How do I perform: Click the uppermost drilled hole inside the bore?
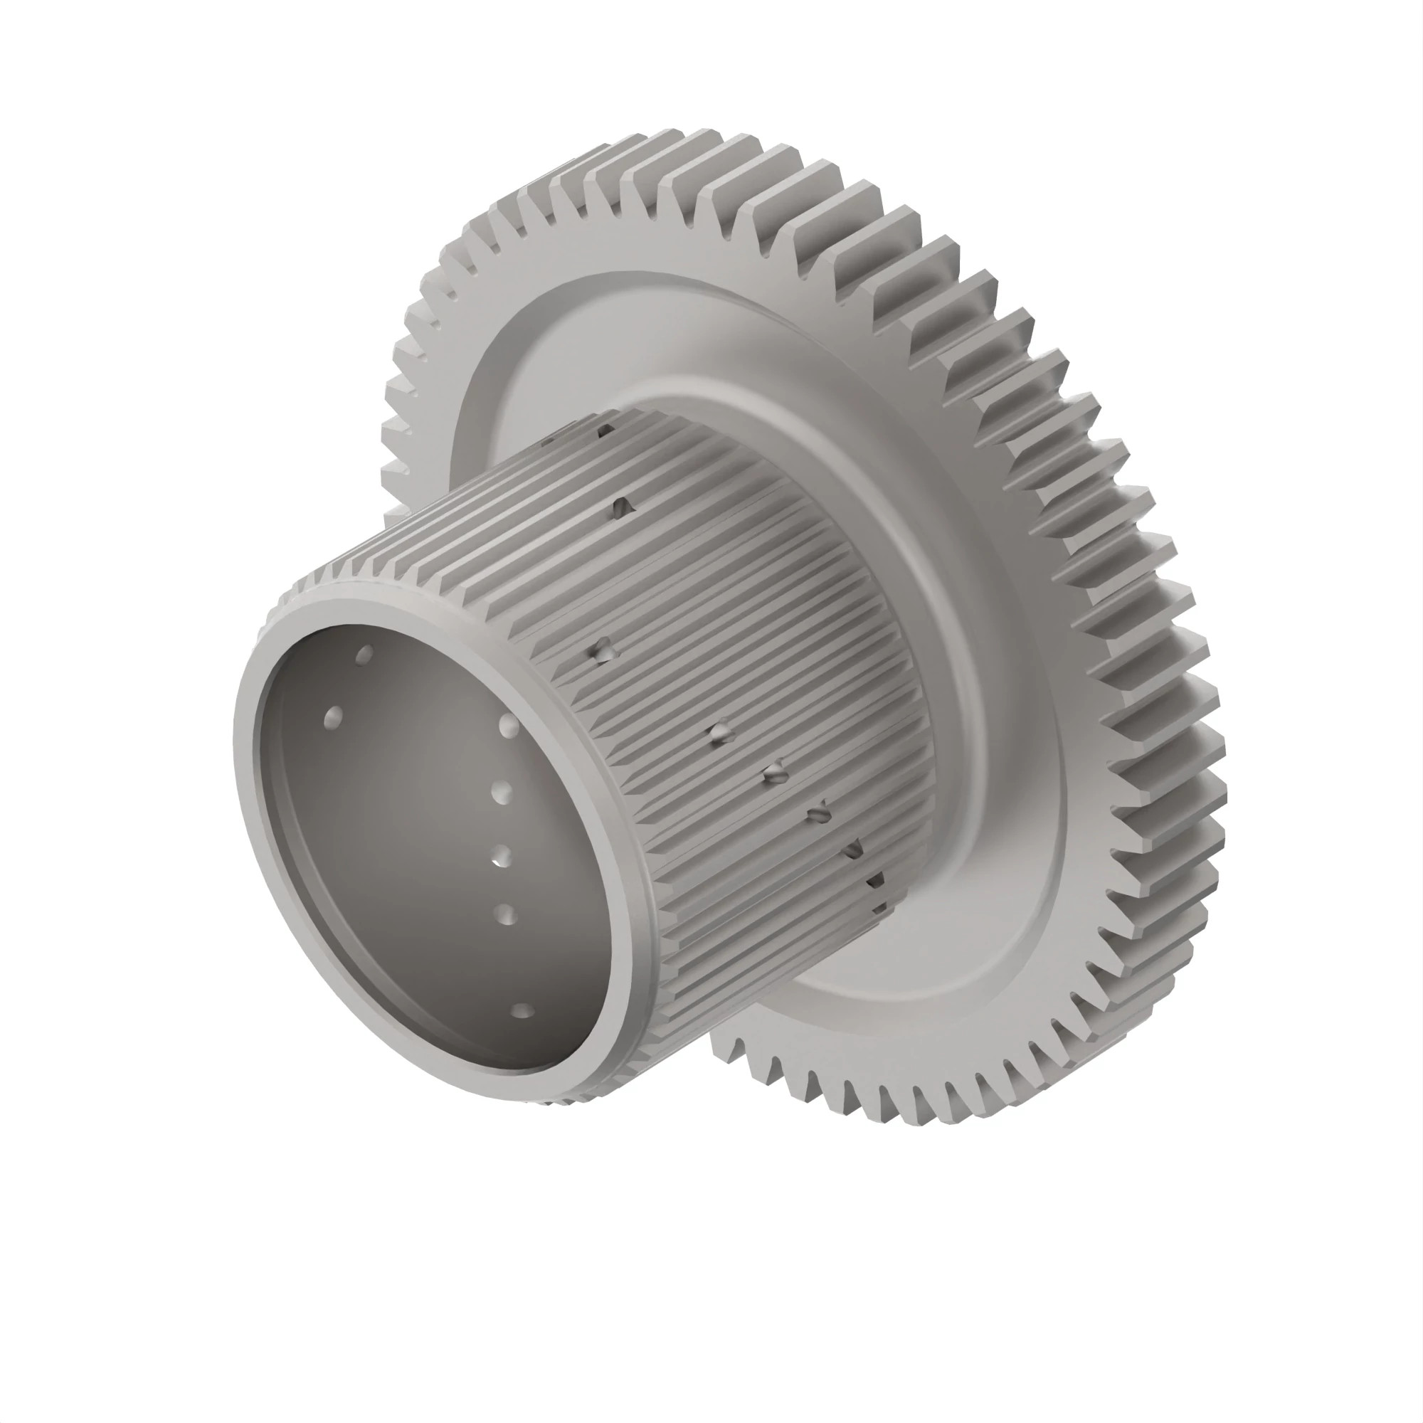pos(364,654)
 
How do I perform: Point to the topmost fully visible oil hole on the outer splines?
pos(623,505)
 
